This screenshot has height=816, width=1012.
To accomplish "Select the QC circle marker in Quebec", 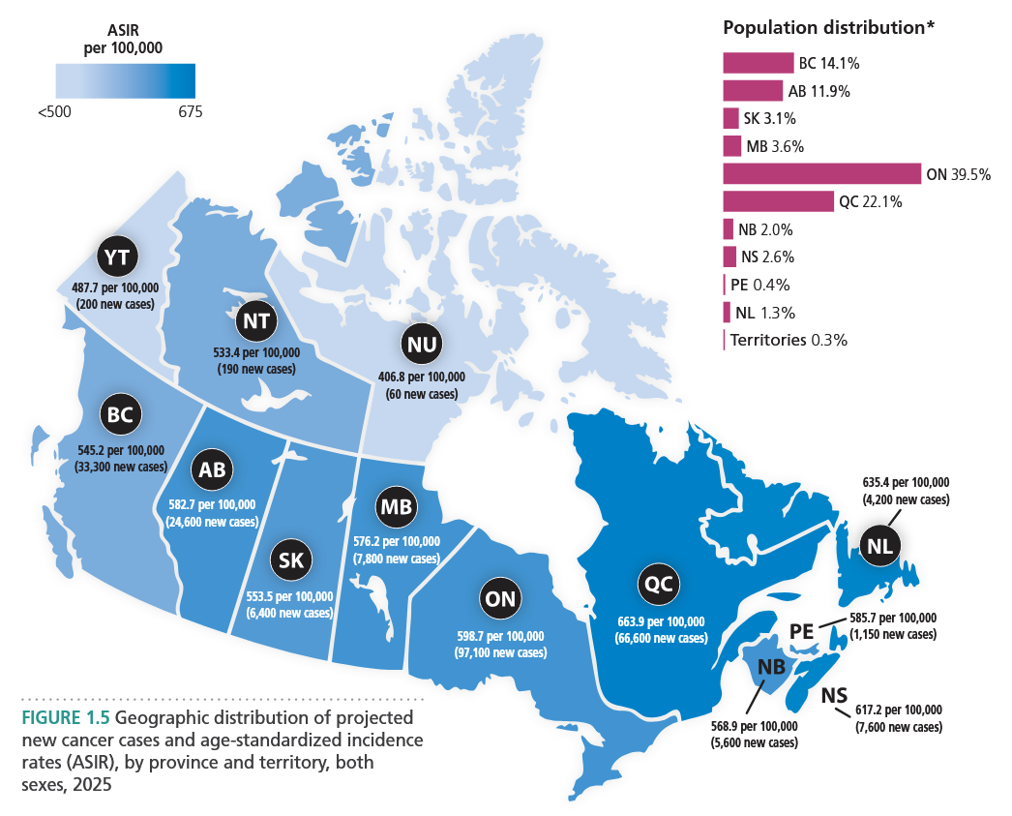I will click(661, 585).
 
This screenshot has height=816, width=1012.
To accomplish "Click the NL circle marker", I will click(879, 546).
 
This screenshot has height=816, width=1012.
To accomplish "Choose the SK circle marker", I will click(290, 560).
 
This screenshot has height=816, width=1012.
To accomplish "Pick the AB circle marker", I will click(212, 470).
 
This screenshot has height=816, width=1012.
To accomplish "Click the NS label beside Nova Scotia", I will click(834, 697).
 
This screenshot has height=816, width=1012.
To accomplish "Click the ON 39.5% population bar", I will click(821, 174).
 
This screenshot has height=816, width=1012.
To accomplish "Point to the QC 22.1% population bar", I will click(778, 201).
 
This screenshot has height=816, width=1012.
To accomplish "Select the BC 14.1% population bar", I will click(759, 64).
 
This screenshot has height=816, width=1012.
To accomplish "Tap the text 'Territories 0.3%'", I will click(789, 341).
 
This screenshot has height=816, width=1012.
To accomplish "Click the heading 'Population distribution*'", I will click(828, 28).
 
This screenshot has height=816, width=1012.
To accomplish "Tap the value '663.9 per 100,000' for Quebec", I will click(660, 621).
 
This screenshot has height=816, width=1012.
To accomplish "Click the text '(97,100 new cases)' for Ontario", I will click(499, 652).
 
